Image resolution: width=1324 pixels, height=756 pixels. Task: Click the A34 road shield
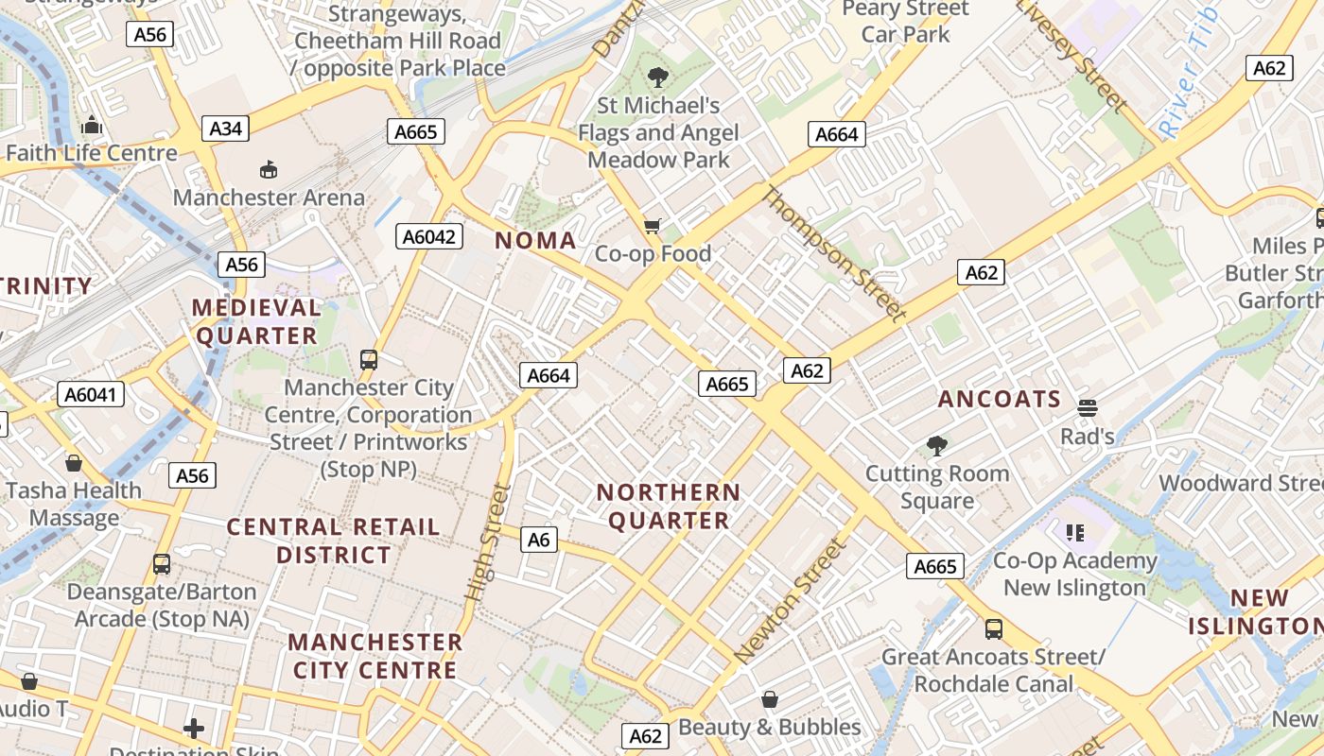[x=225, y=129]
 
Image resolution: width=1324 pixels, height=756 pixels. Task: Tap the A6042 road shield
[x=428, y=236]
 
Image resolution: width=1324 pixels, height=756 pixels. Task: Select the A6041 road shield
[x=91, y=394]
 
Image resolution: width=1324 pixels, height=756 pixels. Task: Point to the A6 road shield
[x=538, y=540]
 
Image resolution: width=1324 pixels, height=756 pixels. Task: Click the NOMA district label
[x=536, y=240]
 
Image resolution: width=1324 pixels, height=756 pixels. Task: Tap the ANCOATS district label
[x=1000, y=399]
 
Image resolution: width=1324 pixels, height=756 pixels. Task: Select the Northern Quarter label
[x=669, y=507]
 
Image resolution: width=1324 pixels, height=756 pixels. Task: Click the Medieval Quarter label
[x=256, y=321]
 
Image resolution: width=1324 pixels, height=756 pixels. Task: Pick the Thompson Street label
[x=833, y=253]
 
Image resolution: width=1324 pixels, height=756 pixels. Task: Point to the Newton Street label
[x=788, y=600]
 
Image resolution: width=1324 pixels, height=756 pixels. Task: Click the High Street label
[x=488, y=542]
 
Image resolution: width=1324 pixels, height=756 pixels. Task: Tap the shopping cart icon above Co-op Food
[x=652, y=226]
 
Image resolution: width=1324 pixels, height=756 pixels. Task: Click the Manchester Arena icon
[x=269, y=169]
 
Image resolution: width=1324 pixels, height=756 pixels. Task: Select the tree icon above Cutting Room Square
[x=937, y=445]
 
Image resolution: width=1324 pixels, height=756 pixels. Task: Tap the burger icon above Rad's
[x=1088, y=408]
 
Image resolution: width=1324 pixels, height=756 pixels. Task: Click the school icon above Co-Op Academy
[x=1075, y=533]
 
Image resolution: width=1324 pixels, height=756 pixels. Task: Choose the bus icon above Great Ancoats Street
[x=993, y=629]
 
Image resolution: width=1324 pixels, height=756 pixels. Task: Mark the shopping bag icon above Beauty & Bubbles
[x=770, y=699]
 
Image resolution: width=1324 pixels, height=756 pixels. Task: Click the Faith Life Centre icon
[x=92, y=125]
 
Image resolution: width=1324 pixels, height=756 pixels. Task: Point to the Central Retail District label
[x=334, y=541]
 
